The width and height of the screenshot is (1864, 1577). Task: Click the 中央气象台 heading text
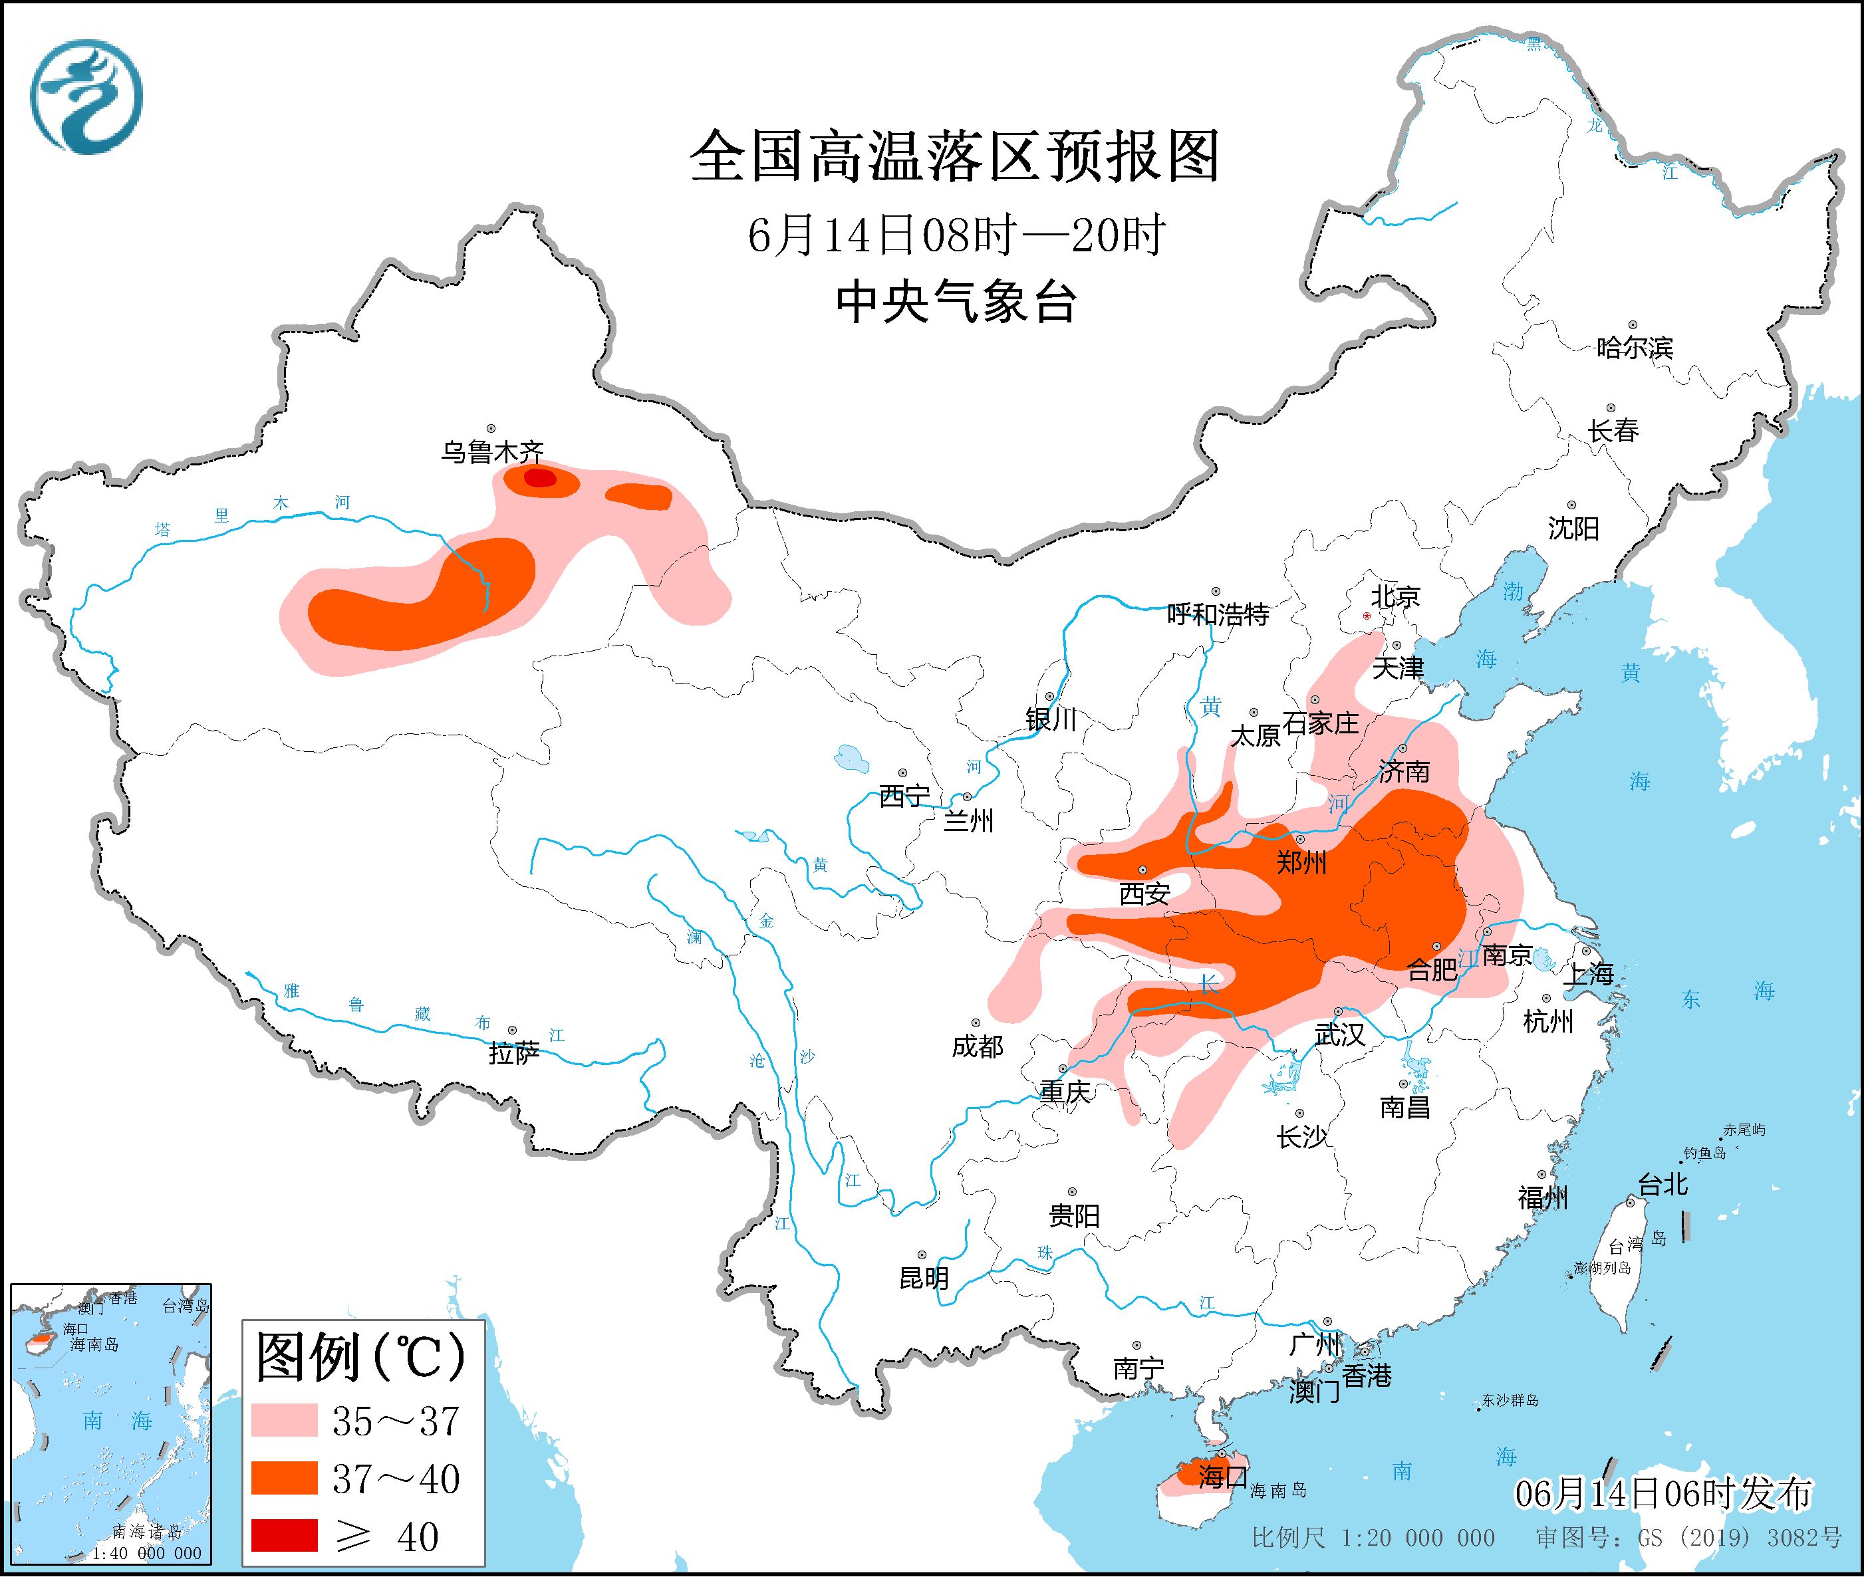click(956, 302)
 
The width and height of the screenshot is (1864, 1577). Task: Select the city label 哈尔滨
click(1634, 348)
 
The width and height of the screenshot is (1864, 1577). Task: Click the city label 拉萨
click(514, 1053)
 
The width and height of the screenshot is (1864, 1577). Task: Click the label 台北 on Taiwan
click(1662, 1185)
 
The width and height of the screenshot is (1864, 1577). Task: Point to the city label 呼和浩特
click(1218, 614)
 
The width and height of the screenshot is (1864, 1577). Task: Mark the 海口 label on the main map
click(1223, 1476)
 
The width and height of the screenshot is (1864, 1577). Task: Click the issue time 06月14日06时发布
click(1662, 1494)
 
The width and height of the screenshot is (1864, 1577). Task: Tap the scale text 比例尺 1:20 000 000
click(1373, 1538)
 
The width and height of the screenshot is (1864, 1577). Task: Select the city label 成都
click(977, 1046)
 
